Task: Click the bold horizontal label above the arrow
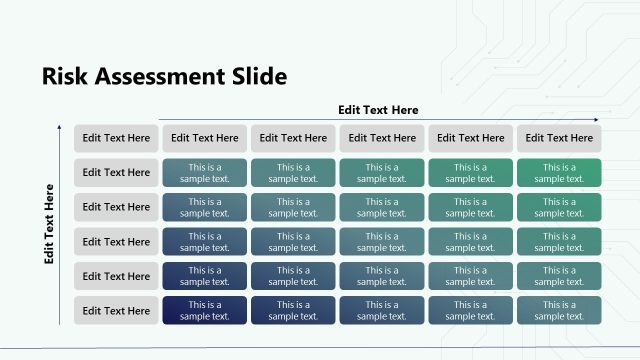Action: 378,110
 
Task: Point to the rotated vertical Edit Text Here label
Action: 49,223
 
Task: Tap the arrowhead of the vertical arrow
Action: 61,127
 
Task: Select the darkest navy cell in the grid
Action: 205,310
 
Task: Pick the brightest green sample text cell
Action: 559,172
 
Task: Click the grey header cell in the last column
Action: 559,138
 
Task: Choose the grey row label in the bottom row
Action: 116,310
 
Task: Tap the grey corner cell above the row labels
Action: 116,138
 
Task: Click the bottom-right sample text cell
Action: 559,310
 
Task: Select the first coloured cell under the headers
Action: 205,172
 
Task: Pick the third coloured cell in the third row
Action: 382,241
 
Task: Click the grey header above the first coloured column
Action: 205,138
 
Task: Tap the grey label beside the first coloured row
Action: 116,172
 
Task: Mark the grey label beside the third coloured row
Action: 116,241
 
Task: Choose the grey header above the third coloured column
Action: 382,138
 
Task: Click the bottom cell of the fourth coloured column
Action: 470,310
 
